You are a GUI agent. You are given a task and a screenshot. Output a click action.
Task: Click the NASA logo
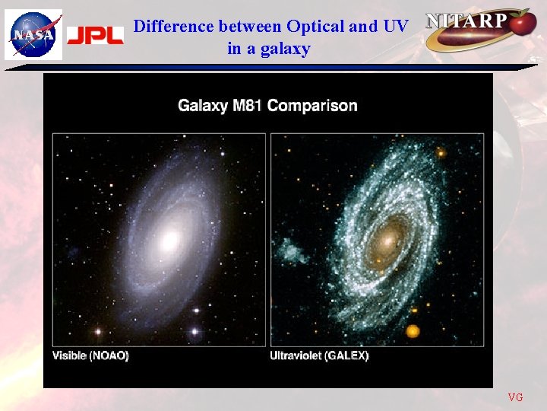click(33, 35)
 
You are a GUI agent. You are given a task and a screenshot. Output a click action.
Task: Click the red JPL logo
click(95, 36)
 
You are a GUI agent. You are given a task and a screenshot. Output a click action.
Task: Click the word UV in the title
click(395, 27)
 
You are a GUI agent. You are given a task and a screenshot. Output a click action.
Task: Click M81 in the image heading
click(245, 105)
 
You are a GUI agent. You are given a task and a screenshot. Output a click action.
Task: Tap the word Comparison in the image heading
click(312, 105)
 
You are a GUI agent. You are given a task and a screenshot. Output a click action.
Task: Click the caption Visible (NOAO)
click(90, 355)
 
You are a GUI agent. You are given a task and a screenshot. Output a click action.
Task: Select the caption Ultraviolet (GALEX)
click(319, 355)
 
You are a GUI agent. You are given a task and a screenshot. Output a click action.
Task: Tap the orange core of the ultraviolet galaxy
click(390, 241)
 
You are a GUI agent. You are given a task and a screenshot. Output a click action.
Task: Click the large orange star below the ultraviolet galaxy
click(413, 331)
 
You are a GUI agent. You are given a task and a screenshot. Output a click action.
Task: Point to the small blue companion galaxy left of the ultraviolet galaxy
click(292, 250)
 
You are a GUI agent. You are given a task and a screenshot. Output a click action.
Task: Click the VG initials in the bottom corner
click(515, 397)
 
